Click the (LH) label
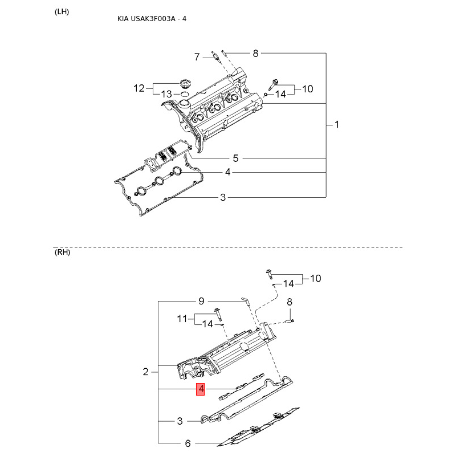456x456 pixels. [62, 12]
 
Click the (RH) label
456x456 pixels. [62, 252]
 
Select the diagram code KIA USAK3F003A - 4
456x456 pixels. [152, 19]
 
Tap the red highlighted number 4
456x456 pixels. [201, 389]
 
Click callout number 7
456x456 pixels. [197, 56]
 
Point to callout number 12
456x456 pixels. [139, 88]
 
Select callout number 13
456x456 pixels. [166, 94]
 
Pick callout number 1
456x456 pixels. [337, 125]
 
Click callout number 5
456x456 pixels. [235, 158]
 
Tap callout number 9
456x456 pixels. [201, 301]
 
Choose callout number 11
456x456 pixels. [182, 319]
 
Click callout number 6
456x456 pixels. [188, 443]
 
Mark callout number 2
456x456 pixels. [146, 372]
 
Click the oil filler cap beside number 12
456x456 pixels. [184, 83]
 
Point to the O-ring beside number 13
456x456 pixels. [184, 93]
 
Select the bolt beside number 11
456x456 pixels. [218, 313]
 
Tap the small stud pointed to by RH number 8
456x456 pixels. [290, 321]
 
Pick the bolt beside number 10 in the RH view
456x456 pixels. [269, 274]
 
